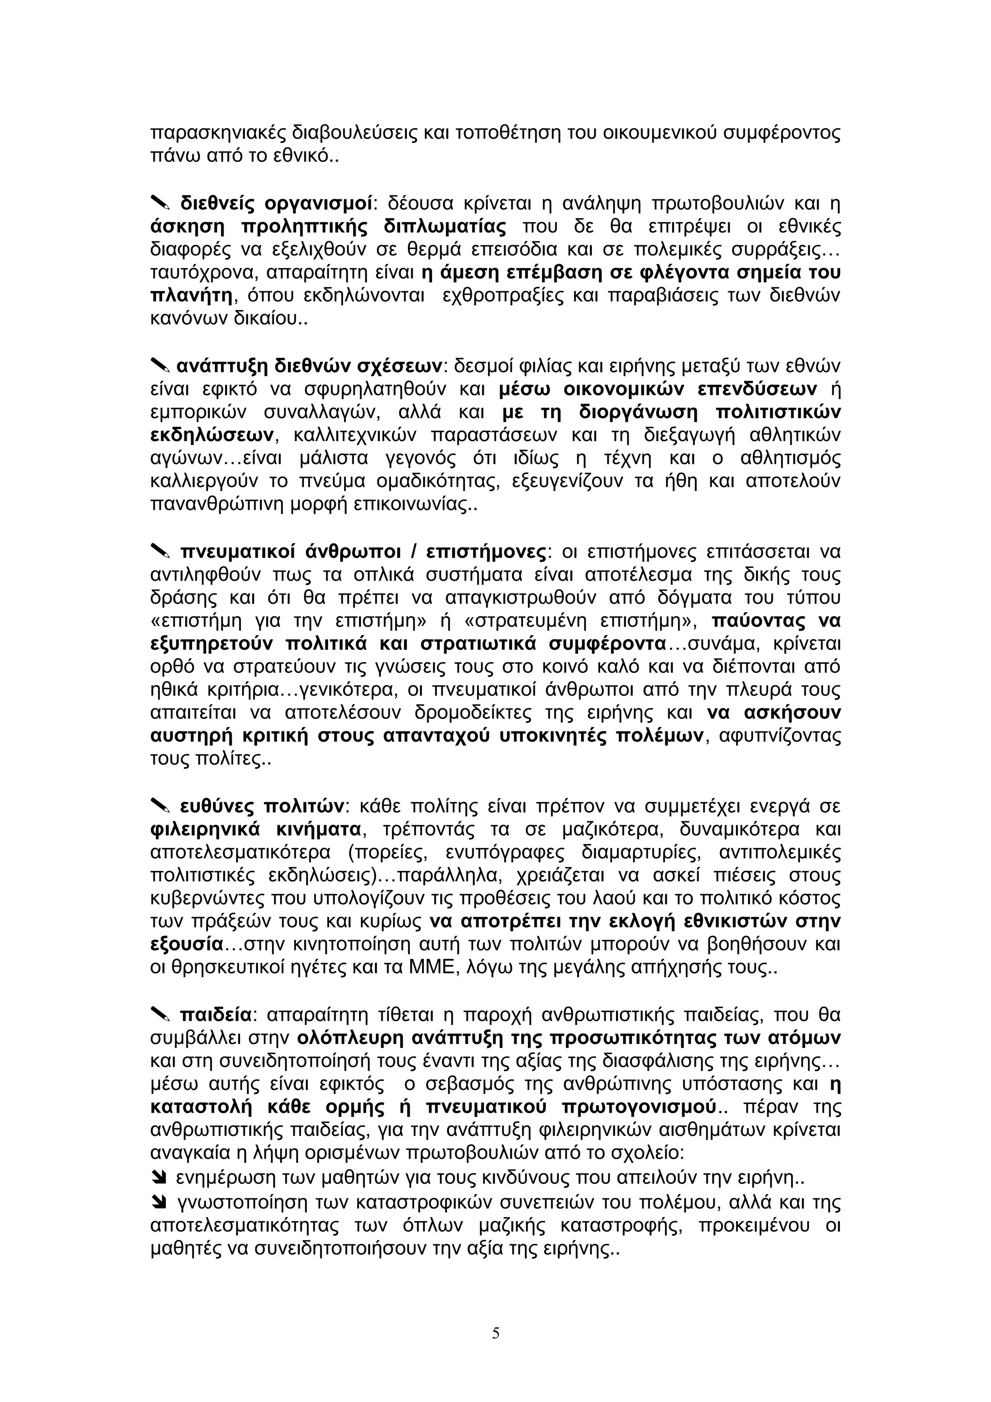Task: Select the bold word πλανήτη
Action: (x=191, y=296)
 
